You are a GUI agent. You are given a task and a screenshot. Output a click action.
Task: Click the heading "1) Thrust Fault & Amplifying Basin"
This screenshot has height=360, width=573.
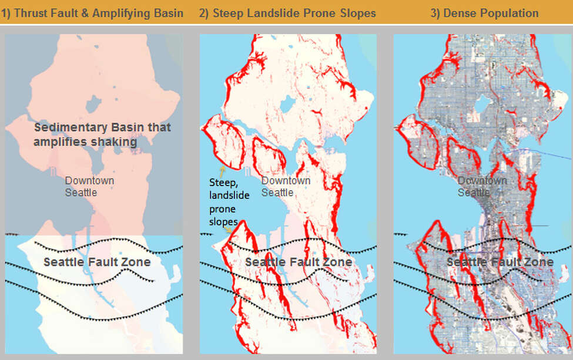pos(92,12)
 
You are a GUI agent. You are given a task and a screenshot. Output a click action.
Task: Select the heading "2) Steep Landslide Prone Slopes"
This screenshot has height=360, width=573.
pos(287,12)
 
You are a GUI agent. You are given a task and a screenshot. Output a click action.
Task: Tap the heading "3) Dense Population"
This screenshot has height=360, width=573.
pos(484,12)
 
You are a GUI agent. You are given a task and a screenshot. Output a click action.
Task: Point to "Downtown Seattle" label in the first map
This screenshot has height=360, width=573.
pos(89,186)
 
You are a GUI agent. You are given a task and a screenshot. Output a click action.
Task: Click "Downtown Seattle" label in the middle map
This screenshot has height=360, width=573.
pos(286,186)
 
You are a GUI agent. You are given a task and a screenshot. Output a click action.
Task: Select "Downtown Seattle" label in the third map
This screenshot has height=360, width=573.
pos(482,186)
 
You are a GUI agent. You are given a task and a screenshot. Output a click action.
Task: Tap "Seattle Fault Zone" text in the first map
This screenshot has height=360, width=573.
pos(97,262)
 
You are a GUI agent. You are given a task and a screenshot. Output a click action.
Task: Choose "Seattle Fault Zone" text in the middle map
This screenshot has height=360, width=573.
pos(299,262)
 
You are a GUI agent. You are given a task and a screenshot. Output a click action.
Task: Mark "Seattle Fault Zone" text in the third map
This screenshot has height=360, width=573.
pos(500,262)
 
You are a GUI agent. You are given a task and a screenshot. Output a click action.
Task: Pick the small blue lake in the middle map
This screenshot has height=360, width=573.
pos(287,105)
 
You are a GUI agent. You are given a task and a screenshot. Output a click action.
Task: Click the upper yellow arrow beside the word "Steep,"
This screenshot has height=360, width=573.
pos(222,171)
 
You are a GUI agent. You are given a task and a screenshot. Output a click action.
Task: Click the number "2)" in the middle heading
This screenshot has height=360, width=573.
pos(204,12)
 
